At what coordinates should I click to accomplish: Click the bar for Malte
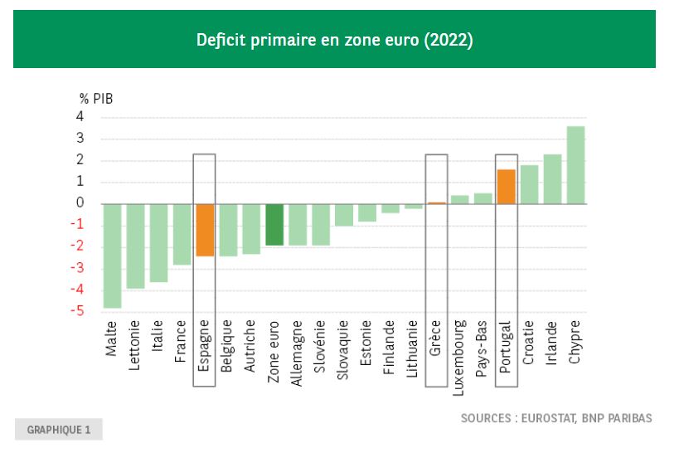click(x=112, y=256)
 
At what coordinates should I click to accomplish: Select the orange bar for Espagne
click(x=205, y=230)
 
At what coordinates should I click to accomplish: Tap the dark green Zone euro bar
click(x=274, y=224)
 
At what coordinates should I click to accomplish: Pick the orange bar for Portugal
click(x=506, y=187)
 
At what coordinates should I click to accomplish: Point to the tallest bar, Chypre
click(x=575, y=165)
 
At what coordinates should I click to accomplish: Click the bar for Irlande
click(x=552, y=179)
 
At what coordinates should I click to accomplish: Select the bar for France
click(x=182, y=234)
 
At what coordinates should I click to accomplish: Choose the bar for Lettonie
click(x=135, y=246)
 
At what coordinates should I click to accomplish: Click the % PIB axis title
click(x=96, y=98)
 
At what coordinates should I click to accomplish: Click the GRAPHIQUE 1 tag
click(x=58, y=430)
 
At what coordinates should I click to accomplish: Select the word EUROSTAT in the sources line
click(x=550, y=418)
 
